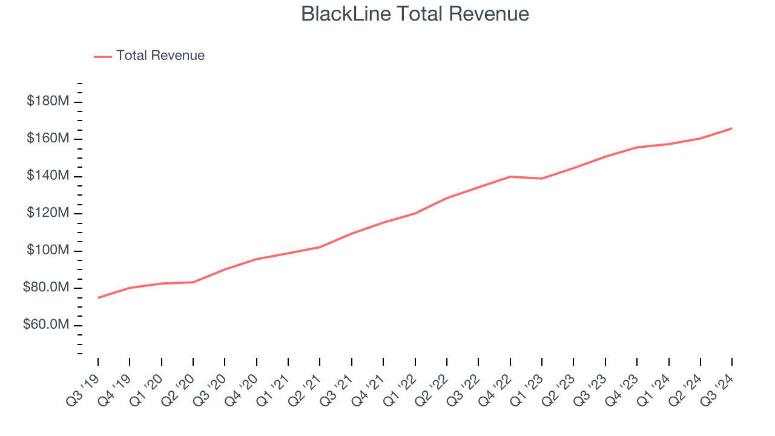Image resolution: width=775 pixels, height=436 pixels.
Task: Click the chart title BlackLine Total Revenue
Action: (x=415, y=14)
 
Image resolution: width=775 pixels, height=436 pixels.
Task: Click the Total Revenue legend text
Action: (x=160, y=56)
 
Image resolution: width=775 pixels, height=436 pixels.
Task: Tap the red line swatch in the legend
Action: (x=103, y=56)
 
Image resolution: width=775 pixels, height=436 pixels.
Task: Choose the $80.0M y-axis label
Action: (x=46, y=288)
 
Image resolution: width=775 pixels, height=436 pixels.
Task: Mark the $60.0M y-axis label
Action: (x=46, y=325)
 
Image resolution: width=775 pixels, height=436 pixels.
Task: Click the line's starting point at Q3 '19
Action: (x=98, y=297)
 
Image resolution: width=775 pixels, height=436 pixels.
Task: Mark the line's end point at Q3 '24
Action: (x=731, y=128)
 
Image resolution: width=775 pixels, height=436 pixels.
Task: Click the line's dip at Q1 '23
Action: (x=541, y=179)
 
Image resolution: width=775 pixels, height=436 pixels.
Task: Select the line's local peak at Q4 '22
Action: (x=510, y=177)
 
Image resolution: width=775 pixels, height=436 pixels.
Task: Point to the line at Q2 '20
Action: (x=193, y=282)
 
